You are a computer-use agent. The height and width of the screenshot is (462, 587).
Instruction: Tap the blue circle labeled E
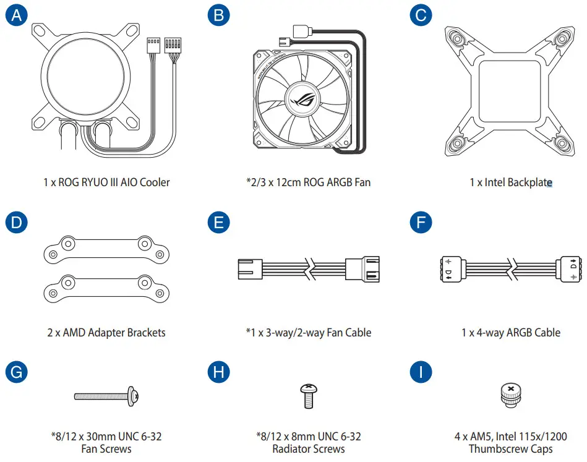pos(218,223)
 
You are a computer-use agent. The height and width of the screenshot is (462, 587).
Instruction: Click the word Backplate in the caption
pos(529,182)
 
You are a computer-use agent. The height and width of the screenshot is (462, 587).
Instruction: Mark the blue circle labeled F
pos(421,223)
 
